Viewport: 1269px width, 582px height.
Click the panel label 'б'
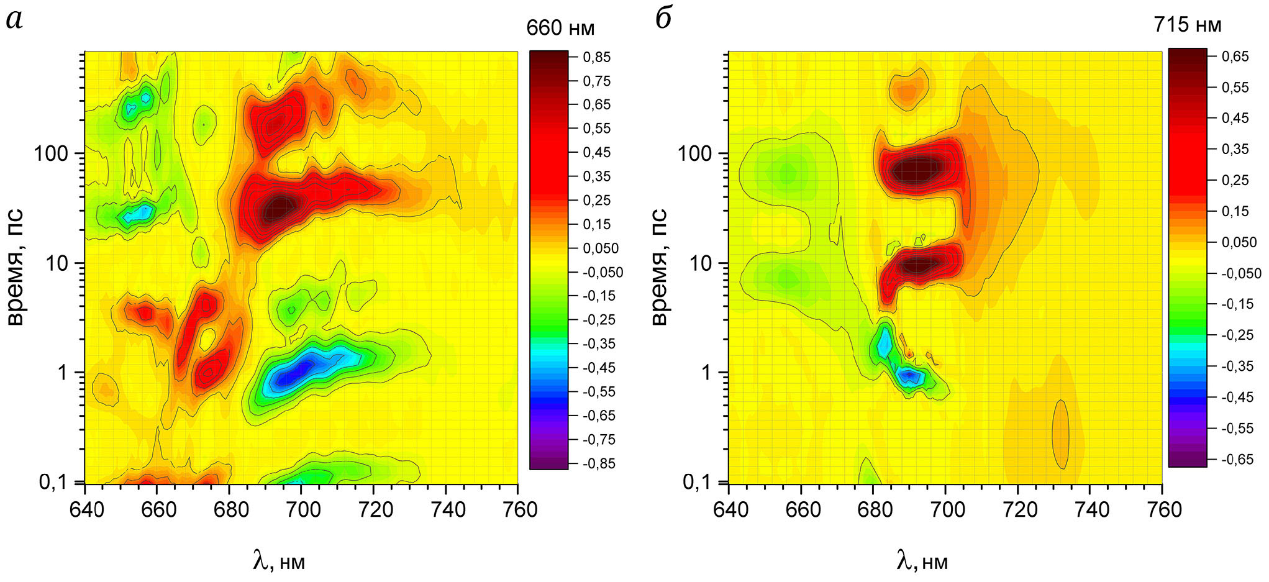coord(663,19)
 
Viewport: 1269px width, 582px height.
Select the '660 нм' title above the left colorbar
coord(560,28)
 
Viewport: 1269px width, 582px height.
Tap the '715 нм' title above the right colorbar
coord(1187,25)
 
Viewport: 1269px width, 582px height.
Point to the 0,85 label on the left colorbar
coord(596,57)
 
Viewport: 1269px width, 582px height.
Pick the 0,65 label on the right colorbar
coord(1235,57)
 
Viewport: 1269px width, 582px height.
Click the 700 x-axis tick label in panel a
coord(301,510)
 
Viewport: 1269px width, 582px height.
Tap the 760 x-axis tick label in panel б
coord(1162,510)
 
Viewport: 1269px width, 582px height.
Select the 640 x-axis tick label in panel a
coord(85,510)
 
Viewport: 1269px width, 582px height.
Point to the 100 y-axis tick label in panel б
coord(694,153)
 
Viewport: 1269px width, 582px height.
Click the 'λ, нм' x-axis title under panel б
coord(922,562)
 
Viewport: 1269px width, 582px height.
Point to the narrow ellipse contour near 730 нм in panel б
coord(1060,434)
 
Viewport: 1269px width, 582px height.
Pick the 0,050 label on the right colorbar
coord(1239,242)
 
